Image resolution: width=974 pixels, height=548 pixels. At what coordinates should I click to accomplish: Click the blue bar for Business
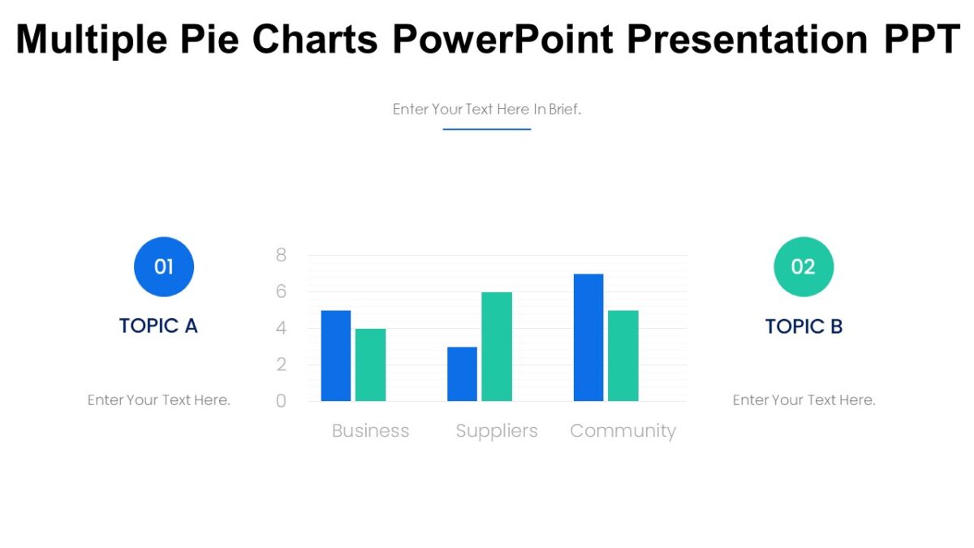click(336, 356)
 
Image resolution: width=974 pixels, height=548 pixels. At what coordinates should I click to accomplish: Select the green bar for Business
click(370, 365)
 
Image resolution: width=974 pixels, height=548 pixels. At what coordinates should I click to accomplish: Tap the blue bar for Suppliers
click(462, 373)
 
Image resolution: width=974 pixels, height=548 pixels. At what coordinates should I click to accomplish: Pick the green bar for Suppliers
click(497, 347)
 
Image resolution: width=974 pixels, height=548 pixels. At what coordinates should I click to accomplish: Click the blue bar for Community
click(588, 337)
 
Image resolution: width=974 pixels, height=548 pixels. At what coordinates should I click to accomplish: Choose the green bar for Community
click(623, 356)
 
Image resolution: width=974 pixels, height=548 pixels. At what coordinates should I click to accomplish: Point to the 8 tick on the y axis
click(282, 255)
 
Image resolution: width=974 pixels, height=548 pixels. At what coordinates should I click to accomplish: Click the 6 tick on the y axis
click(282, 291)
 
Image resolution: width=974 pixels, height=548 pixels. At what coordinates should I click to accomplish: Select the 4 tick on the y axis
click(282, 328)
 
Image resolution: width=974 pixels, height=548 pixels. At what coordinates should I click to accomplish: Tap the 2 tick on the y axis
click(282, 365)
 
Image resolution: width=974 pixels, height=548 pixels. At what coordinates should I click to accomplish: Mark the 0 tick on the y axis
click(282, 401)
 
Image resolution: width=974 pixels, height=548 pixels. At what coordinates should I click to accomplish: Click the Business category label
click(370, 431)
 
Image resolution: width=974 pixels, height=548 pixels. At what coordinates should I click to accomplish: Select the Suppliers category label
click(497, 431)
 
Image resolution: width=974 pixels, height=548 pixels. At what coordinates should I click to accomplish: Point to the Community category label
click(623, 431)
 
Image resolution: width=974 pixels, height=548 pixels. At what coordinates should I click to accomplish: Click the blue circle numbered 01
click(164, 266)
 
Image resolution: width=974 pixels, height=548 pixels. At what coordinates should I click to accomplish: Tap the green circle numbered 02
click(804, 266)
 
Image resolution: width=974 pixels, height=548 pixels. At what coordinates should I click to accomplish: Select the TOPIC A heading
click(158, 326)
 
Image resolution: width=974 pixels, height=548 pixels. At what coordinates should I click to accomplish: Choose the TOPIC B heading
click(804, 326)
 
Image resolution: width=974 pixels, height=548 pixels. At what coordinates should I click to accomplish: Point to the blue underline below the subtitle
click(487, 129)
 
